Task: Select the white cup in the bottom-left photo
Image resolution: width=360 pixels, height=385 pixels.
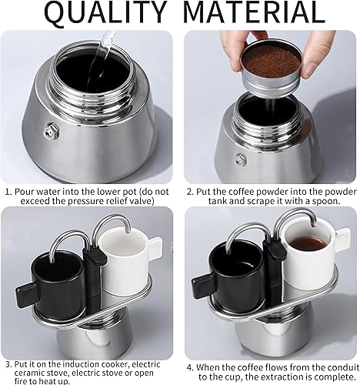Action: click(x=122, y=262)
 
